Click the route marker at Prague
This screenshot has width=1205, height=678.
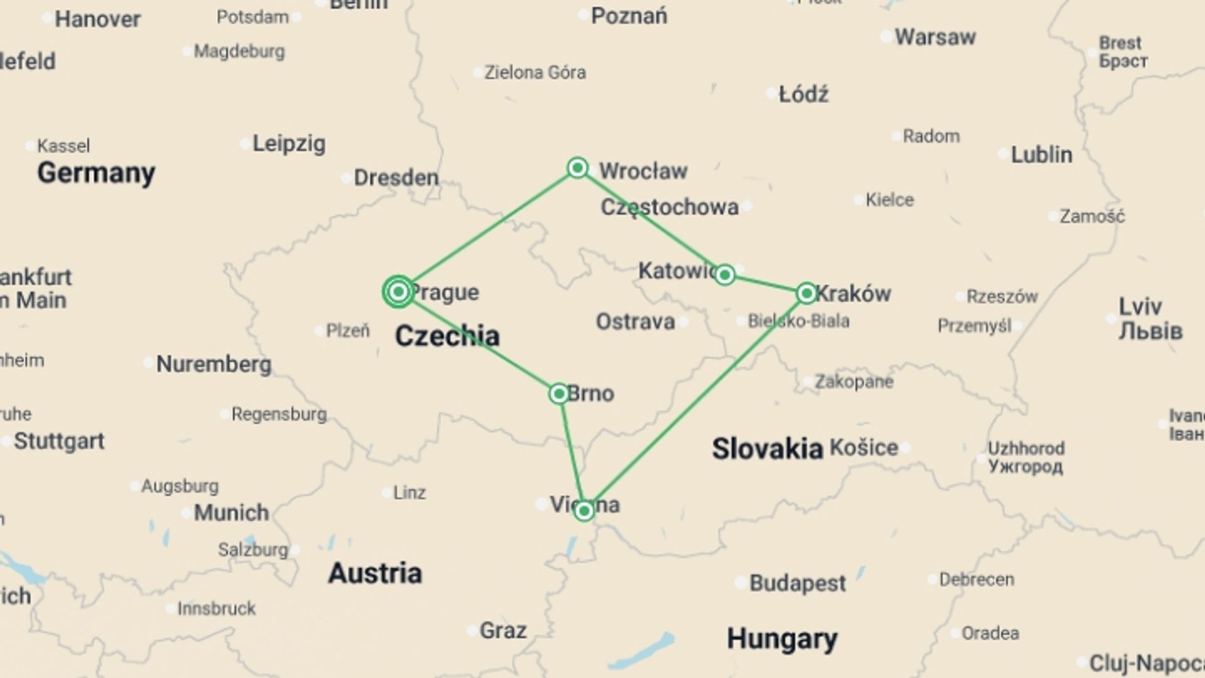click(x=398, y=292)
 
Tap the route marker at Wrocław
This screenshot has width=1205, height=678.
click(x=577, y=168)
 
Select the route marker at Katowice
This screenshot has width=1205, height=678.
click(x=725, y=274)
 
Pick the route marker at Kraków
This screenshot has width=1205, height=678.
click(x=806, y=293)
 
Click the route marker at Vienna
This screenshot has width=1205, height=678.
click(x=584, y=510)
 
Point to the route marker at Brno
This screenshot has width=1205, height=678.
click(x=559, y=394)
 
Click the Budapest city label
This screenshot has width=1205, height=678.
click(x=798, y=583)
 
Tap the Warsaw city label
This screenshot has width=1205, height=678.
click(x=935, y=37)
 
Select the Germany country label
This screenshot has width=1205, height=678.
click(x=96, y=173)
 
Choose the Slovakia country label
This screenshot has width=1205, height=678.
click(x=767, y=449)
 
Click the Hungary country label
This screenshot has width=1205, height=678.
click(x=782, y=639)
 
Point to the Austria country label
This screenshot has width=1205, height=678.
click(x=375, y=573)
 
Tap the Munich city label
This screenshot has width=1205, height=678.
click(x=231, y=513)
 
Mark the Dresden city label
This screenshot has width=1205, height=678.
click(x=396, y=178)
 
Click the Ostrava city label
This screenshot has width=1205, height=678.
click(x=635, y=322)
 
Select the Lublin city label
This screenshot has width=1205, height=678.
click(x=1041, y=154)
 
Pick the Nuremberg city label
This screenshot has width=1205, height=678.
click(x=213, y=364)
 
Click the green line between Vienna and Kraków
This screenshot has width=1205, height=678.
click(x=695, y=402)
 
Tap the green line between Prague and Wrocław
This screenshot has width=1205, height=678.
click(x=488, y=230)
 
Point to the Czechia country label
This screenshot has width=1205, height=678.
click(x=447, y=336)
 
